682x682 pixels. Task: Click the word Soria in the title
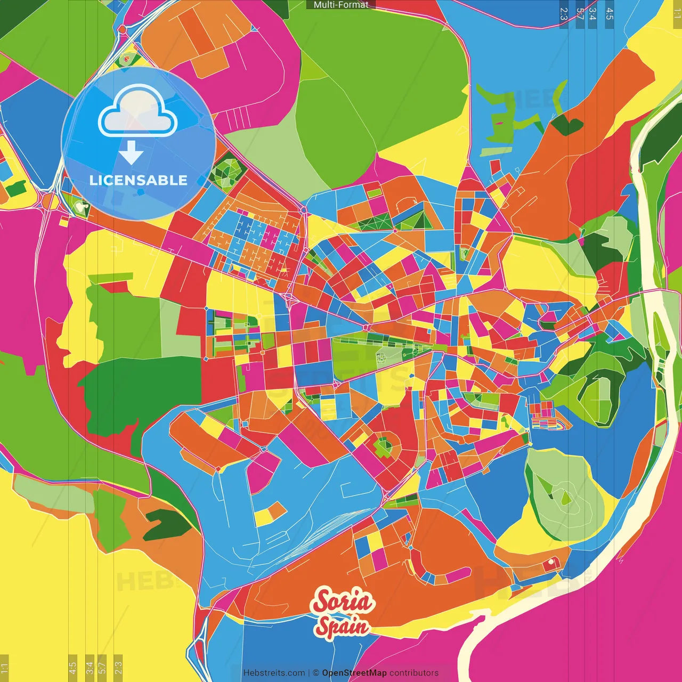(x=344, y=602)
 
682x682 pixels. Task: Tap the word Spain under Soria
(x=342, y=627)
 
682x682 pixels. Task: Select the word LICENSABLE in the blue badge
(x=139, y=180)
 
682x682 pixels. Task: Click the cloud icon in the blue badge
(x=138, y=111)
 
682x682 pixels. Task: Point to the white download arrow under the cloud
(x=131, y=152)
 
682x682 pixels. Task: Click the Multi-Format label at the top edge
(x=341, y=5)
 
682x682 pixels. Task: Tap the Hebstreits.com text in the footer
(x=274, y=673)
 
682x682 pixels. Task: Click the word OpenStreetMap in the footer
(x=354, y=673)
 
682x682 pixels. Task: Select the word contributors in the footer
(x=414, y=673)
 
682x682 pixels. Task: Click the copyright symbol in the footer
(x=316, y=673)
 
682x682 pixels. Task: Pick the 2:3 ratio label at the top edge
(x=564, y=14)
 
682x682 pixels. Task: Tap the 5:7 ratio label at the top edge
(x=580, y=14)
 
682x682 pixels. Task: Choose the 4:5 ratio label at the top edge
(x=610, y=14)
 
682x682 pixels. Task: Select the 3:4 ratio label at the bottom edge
(x=90, y=667)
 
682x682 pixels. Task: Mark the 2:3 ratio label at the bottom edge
(x=118, y=667)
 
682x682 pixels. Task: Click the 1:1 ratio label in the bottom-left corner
(x=5, y=668)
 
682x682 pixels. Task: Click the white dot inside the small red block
(x=550, y=562)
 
